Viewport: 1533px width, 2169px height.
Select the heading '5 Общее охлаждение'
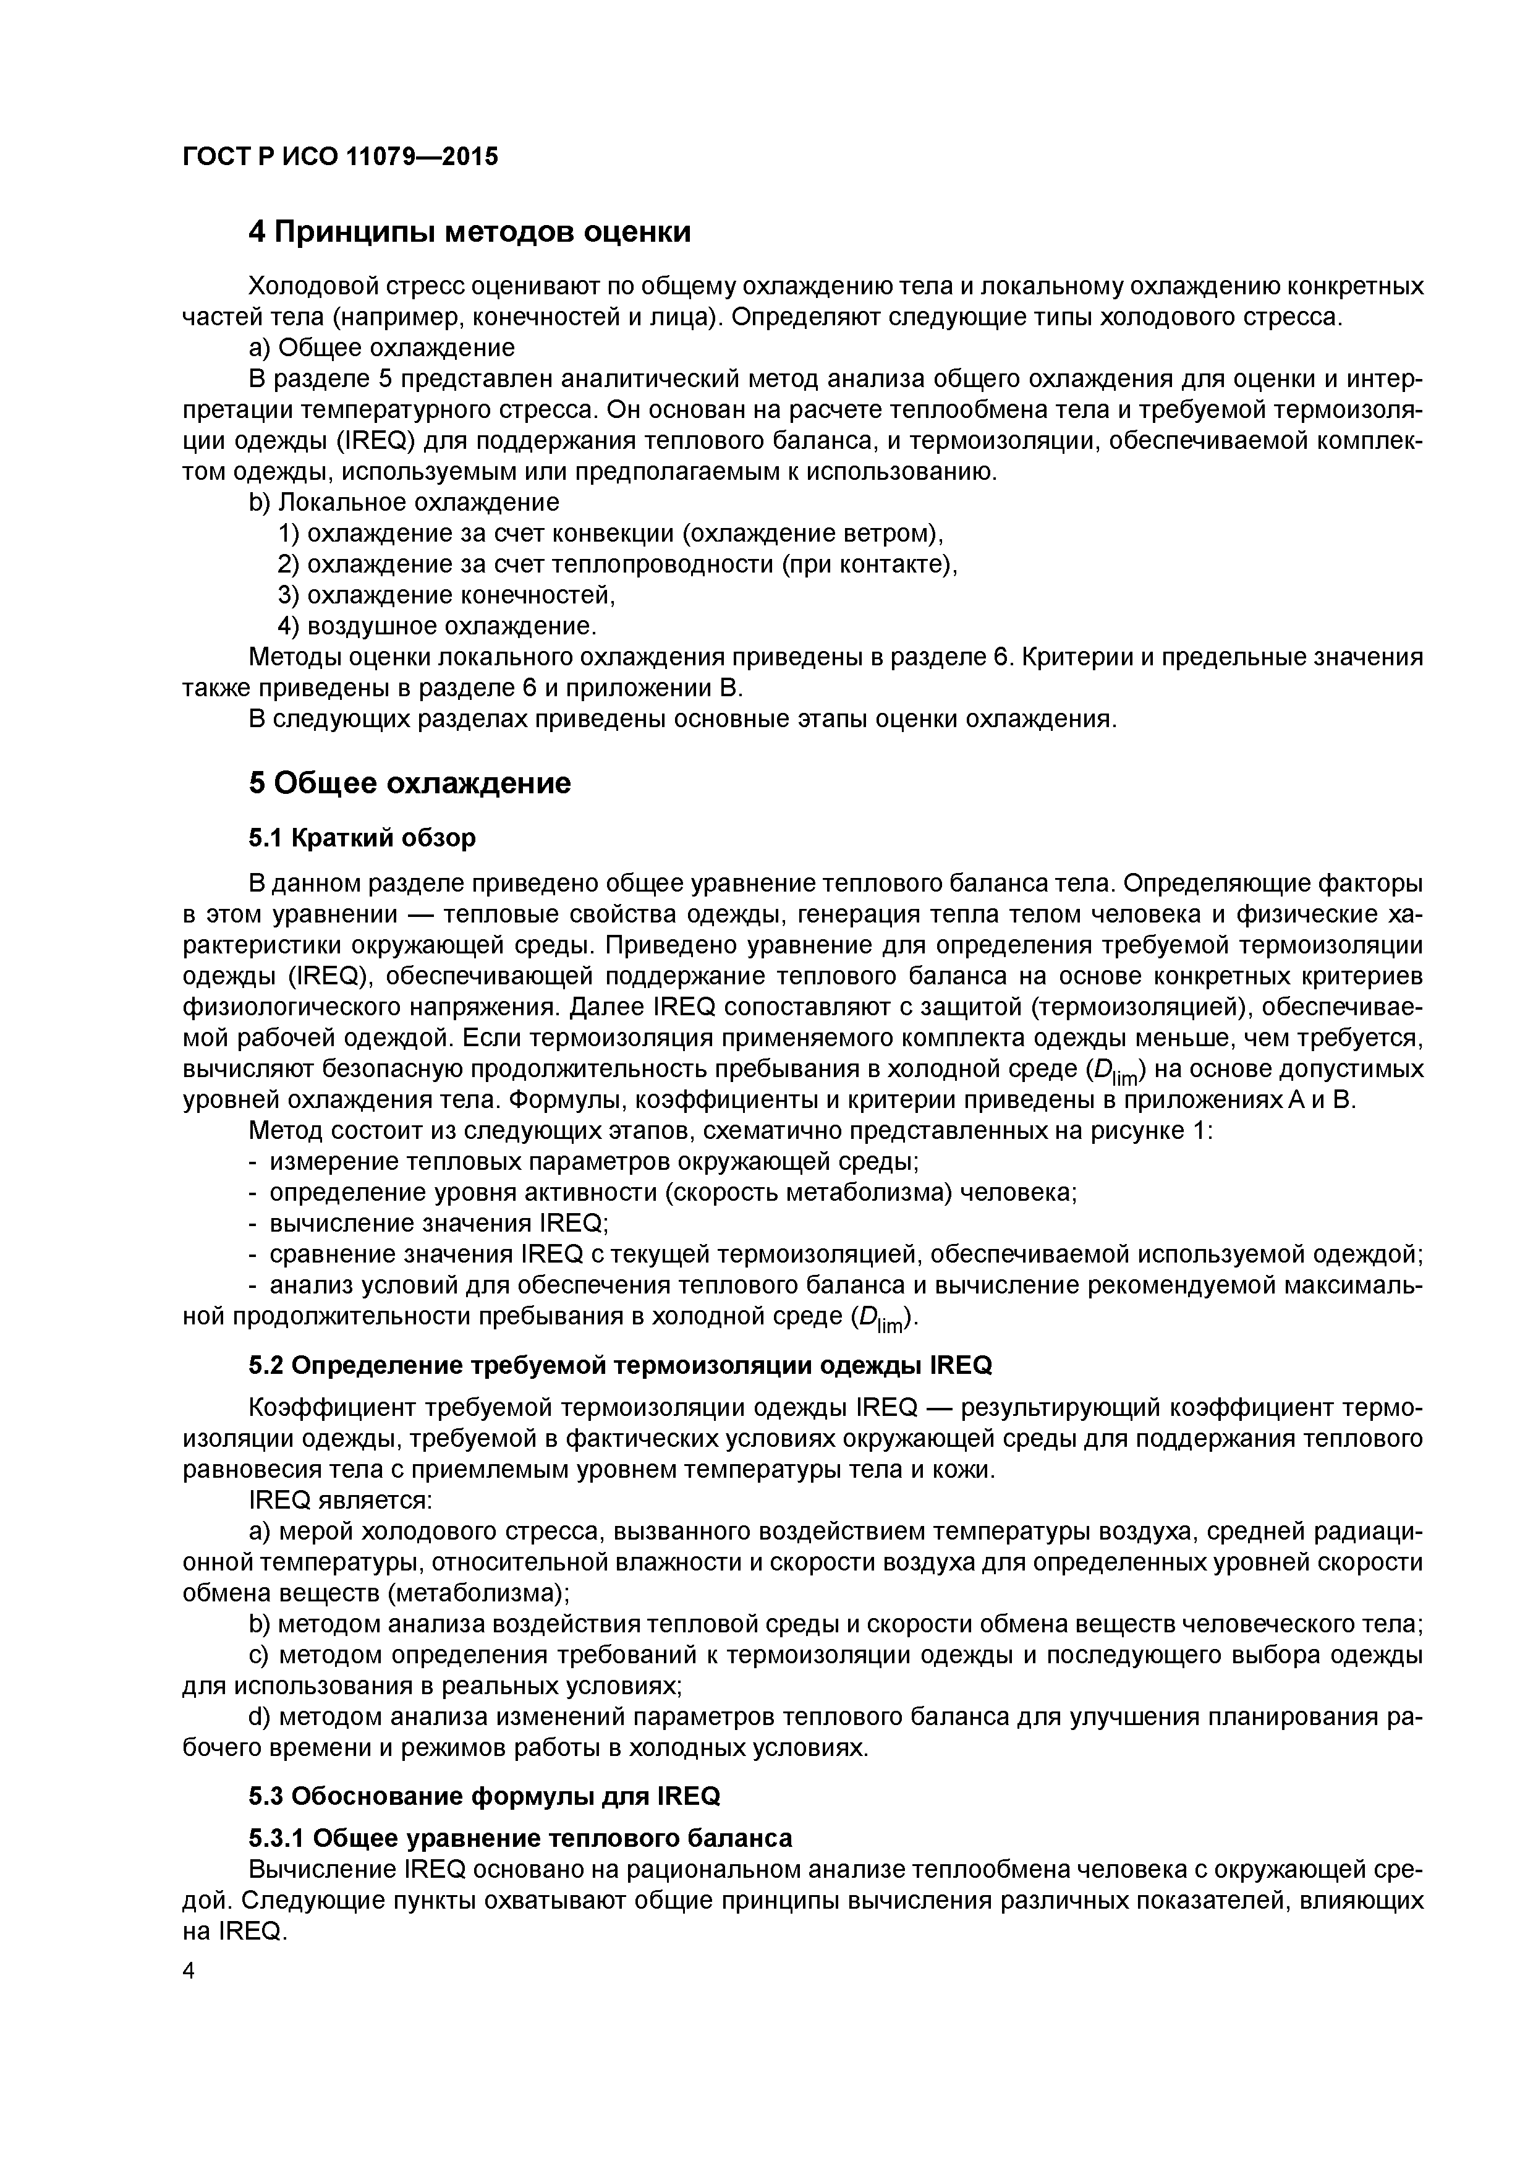[410, 783]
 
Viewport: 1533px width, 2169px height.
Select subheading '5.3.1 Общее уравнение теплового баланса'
[520, 1838]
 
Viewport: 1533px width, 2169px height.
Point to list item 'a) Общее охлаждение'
[381, 347]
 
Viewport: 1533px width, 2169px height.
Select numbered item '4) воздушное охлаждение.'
[437, 626]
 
